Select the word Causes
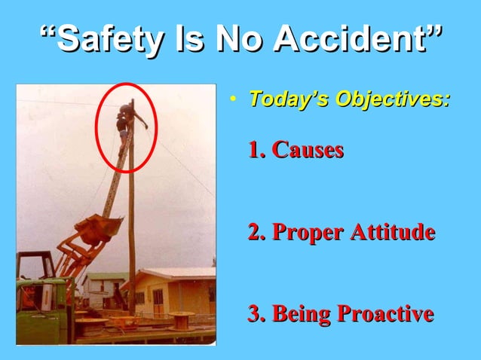pos(308,150)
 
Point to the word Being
pos(301,314)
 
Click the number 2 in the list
pos(254,233)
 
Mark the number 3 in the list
pos(254,314)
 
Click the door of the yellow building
pos(158,301)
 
